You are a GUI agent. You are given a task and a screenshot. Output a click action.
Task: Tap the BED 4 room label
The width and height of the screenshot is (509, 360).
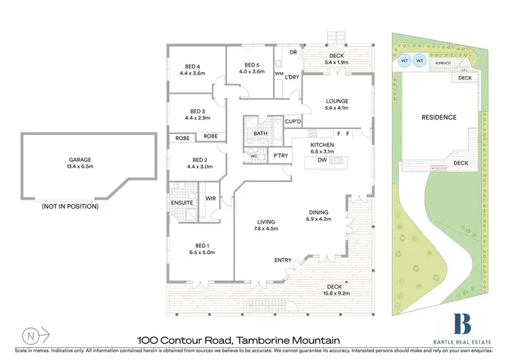point(193,69)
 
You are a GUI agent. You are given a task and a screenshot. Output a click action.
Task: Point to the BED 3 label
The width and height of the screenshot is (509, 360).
point(197,114)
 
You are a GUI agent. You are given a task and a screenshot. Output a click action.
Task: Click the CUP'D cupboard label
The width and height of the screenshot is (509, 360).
point(293,122)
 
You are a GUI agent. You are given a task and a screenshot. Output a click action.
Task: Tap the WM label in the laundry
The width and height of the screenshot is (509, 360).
point(278,73)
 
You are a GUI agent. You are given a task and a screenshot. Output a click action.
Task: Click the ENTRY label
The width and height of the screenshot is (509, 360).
point(283,260)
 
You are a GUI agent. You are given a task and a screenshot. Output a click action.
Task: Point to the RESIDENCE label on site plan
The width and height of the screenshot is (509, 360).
point(439,118)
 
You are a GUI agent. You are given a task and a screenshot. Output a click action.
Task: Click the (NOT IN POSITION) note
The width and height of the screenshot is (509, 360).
point(70,206)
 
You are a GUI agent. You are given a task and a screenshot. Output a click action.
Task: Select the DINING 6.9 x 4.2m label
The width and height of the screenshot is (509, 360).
point(317,215)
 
